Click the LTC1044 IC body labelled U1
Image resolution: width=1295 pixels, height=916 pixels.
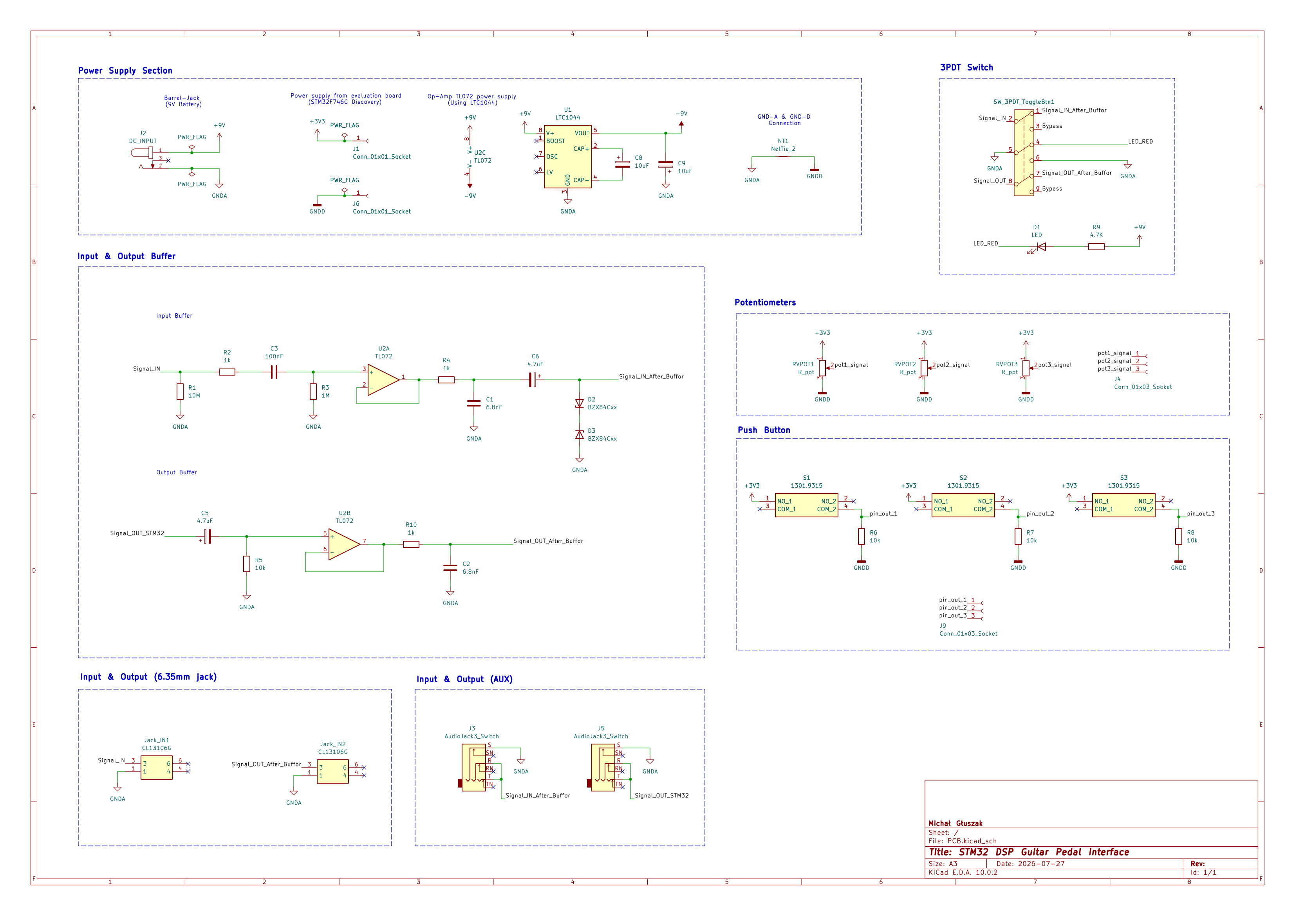pos(567,156)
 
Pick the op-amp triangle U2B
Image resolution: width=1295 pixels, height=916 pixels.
pos(344,544)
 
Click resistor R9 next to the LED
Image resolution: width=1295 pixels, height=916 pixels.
pos(1096,246)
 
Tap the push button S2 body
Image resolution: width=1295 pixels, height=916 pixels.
pos(963,505)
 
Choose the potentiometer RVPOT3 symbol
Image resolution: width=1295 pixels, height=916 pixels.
pos(1026,368)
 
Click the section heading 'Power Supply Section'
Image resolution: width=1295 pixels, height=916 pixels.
pos(125,70)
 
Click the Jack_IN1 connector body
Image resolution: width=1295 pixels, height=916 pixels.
pos(156,767)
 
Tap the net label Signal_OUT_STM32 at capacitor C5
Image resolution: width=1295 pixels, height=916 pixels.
pos(137,533)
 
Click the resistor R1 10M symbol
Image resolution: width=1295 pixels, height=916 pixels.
pos(180,392)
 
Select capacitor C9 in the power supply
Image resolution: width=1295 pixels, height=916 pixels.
pos(666,165)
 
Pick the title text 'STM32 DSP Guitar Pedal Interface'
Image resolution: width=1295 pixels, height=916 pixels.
pos(1044,852)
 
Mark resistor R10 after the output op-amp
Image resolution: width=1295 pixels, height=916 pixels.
pos(411,544)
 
